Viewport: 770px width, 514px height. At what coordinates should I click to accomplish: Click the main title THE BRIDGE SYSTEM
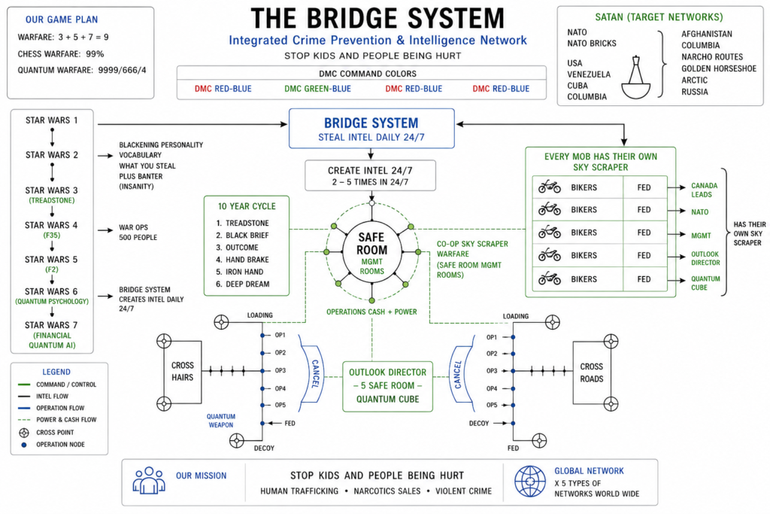click(377, 19)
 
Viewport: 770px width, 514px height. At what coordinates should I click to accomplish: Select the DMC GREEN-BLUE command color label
click(317, 89)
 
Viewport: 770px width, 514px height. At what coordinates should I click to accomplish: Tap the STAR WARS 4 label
click(51, 225)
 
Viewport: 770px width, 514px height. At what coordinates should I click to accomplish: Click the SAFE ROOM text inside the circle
click(371, 243)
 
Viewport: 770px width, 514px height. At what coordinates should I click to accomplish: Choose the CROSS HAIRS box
click(182, 372)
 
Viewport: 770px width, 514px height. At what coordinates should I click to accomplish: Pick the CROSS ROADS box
click(591, 373)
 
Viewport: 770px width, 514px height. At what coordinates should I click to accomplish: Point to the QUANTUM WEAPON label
click(220, 421)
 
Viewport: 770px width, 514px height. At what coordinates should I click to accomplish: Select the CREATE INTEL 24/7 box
click(370, 175)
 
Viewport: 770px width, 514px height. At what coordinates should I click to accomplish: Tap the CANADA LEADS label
click(704, 190)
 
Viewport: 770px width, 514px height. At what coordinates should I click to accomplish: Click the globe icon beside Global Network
click(530, 482)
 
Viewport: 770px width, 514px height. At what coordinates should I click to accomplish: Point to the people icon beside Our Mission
click(149, 481)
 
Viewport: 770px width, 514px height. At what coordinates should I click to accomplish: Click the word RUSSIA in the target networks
click(694, 92)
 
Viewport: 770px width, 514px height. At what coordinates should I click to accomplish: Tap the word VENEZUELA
click(589, 75)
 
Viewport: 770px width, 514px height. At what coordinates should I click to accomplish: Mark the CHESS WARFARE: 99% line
click(61, 54)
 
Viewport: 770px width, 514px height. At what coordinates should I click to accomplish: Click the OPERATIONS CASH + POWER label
click(371, 312)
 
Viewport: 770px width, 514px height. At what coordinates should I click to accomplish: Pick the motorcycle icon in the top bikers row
click(550, 187)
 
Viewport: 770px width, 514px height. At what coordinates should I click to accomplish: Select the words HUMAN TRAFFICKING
click(299, 491)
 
